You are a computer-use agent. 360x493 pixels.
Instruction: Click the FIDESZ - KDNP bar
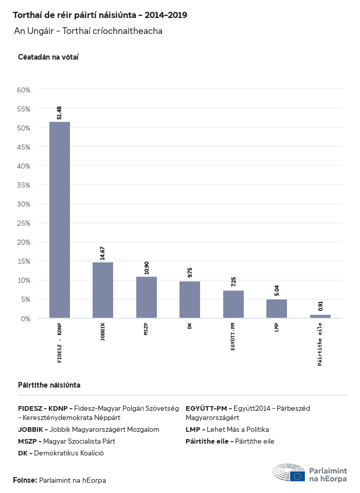click(x=60, y=220)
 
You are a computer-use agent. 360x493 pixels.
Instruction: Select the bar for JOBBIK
click(x=103, y=290)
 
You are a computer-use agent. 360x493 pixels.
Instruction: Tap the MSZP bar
click(x=147, y=297)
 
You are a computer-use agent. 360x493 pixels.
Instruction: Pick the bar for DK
click(x=190, y=300)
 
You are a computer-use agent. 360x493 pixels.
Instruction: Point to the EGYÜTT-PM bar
click(x=233, y=304)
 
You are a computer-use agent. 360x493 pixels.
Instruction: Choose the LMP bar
click(x=277, y=308)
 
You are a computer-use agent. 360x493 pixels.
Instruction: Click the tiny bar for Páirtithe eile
click(x=320, y=316)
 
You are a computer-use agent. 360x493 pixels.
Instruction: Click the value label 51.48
click(x=60, y=113)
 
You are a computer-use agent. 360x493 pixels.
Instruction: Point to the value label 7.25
click(x=233, y=282)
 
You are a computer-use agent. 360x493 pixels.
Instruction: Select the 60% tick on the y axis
click(x=24, y=89)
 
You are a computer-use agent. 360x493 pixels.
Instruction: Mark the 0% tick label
click(x=26, y=319)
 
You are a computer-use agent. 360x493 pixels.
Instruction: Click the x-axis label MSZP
click(x=147, y=330)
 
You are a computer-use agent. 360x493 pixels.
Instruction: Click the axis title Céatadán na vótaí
click(x=48, y=57)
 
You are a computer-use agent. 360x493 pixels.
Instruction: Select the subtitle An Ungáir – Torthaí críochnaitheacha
click(x=88, y=31)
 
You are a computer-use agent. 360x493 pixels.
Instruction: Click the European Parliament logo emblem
click(x=297, y=476)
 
